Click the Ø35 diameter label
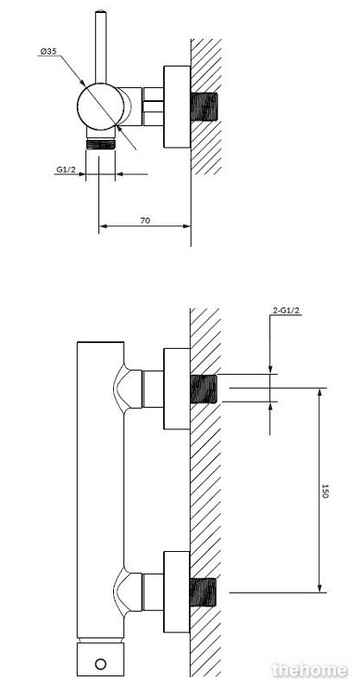[x=48, y=52]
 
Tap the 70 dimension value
[x=145, y=220]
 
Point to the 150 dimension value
[x=325, y=491]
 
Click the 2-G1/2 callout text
[x=286, y=310]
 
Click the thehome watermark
[x=309, y=670]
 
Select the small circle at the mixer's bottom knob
[x=100, y=663]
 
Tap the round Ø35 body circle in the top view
[x=100, y=106]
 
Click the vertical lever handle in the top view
[x=101, y=47]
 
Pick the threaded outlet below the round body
[x=100, y=144]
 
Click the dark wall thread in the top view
[x=204, y=106]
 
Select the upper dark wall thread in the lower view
[x=204, y=389]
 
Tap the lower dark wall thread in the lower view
[x=203, y=592]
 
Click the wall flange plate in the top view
[x=177, y=106]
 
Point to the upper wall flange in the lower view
[x=177, y=389]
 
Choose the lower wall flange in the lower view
[x=177, y=592]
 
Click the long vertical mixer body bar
[x=100, y=490]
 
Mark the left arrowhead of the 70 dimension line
[x=103, y=226]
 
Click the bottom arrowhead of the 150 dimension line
[x=320, y=588]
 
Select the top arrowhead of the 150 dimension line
[x=320, y=393]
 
